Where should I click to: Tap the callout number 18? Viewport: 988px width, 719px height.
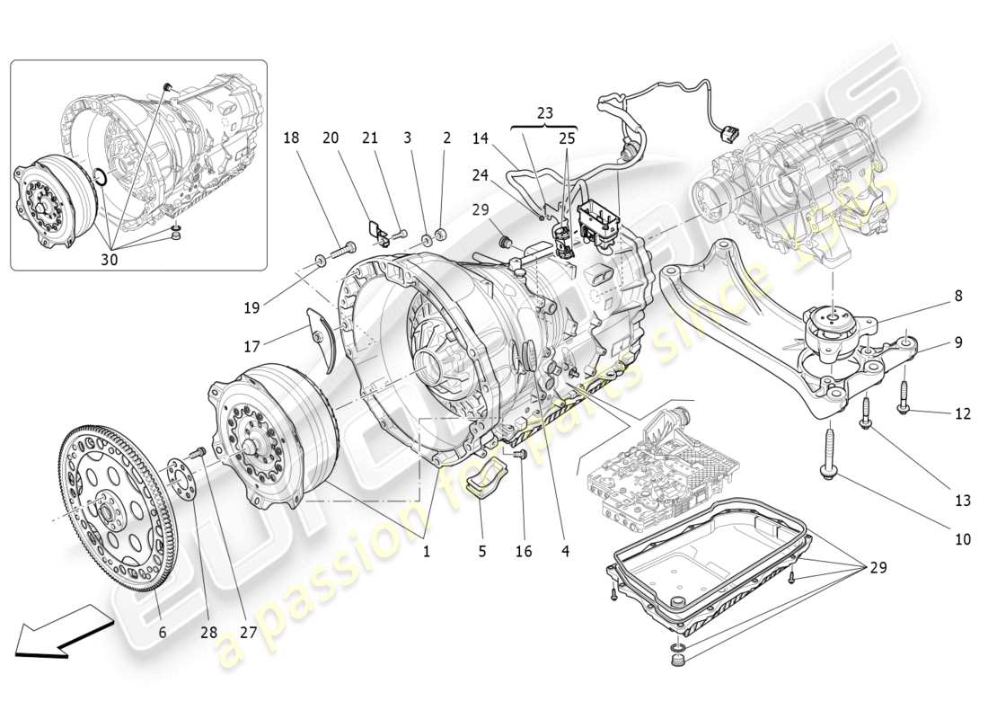(x=291, y=138)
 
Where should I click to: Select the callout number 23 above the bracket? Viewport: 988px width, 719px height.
(x=544, y=113)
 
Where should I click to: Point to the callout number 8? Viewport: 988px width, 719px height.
(x=958, y=295)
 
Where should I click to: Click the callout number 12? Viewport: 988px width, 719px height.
(x=963, y=414)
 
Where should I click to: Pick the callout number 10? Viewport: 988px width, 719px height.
(x=963, y=540)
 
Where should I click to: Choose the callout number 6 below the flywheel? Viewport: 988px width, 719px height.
(x=163, y=632)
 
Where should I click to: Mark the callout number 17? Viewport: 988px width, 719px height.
(x=251, y=345)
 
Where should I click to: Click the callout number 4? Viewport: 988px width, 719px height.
(x=564, y=551)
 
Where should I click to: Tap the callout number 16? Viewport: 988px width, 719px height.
(x=523, y=551)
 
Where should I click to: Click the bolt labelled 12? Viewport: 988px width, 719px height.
(x=904, y=396)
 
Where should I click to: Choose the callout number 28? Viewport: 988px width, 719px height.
(x=208, y=632)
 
